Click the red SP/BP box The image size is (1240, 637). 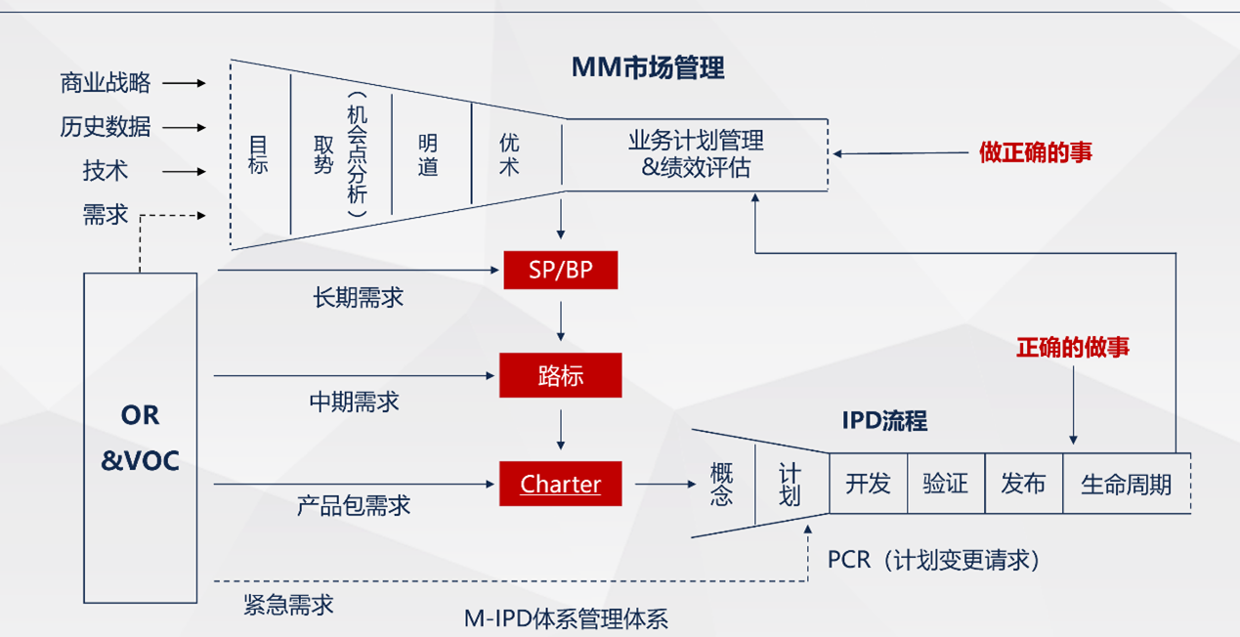pos(560,270)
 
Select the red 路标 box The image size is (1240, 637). pos(560,376)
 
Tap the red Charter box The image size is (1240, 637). pos(560,484)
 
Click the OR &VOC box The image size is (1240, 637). pos(140,438)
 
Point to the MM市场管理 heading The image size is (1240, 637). pos(648,68)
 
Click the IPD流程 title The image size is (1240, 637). pos(884,421)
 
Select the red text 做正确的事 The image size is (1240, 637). pos(1036,152)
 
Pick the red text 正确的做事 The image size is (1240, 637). pos(1073,347)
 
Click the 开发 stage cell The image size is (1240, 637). pos(868,484)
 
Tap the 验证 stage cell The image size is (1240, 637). pos(945,484)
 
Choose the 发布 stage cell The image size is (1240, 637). pos(1023,484)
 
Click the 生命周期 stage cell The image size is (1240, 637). pos(1126,484)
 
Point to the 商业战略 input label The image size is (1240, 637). pos(106,83)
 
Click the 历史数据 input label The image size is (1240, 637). pos(106,127)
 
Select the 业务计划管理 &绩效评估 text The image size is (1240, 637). pos(695,153)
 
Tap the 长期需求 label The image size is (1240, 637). pos(358,298)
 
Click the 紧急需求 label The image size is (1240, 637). pos(288,605)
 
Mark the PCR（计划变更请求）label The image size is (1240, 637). pos(933,560)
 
